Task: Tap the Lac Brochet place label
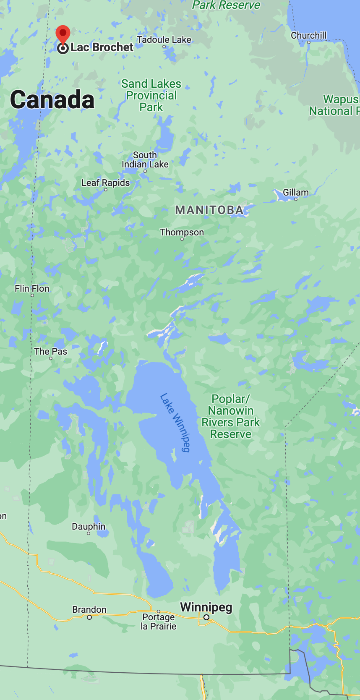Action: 102,47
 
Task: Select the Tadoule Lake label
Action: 164,40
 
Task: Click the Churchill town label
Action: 308,36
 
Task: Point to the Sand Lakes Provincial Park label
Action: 151,96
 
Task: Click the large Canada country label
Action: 52,100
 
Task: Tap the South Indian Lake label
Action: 145,160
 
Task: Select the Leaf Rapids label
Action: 105,183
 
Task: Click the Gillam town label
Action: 295,192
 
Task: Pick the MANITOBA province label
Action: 209,210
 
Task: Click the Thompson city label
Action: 182,232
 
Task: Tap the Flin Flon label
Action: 32,289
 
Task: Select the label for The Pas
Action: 50,352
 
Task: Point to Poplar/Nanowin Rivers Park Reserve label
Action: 231,416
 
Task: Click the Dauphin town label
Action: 89,527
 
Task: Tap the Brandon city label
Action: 89,609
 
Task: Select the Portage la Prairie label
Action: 158,622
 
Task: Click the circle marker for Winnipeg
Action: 206,617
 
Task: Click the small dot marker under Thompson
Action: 182,239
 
